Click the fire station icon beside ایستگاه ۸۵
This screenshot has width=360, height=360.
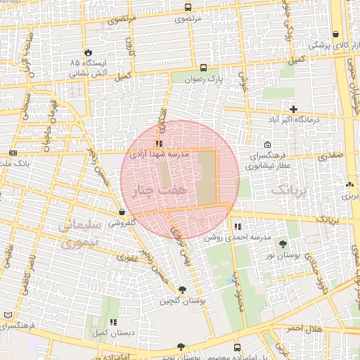point(87,53)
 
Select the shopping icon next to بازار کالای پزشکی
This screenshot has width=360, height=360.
point(335,34)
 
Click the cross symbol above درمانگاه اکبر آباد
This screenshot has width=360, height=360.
point(293,109)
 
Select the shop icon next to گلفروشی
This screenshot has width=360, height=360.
point(122,211)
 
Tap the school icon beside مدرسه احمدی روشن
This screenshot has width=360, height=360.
point(238,226)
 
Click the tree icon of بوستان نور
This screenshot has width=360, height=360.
point(283,244)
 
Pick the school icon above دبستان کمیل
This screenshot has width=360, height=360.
point(112,321)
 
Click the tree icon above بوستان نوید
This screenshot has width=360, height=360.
point(181,346)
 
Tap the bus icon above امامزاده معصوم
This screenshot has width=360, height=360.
point(237,347)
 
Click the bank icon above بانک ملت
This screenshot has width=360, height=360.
point(13,153)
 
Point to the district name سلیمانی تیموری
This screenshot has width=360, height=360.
point(79,234)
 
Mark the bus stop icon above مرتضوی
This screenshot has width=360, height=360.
point(188,7)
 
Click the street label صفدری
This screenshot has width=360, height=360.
point(329,156)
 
